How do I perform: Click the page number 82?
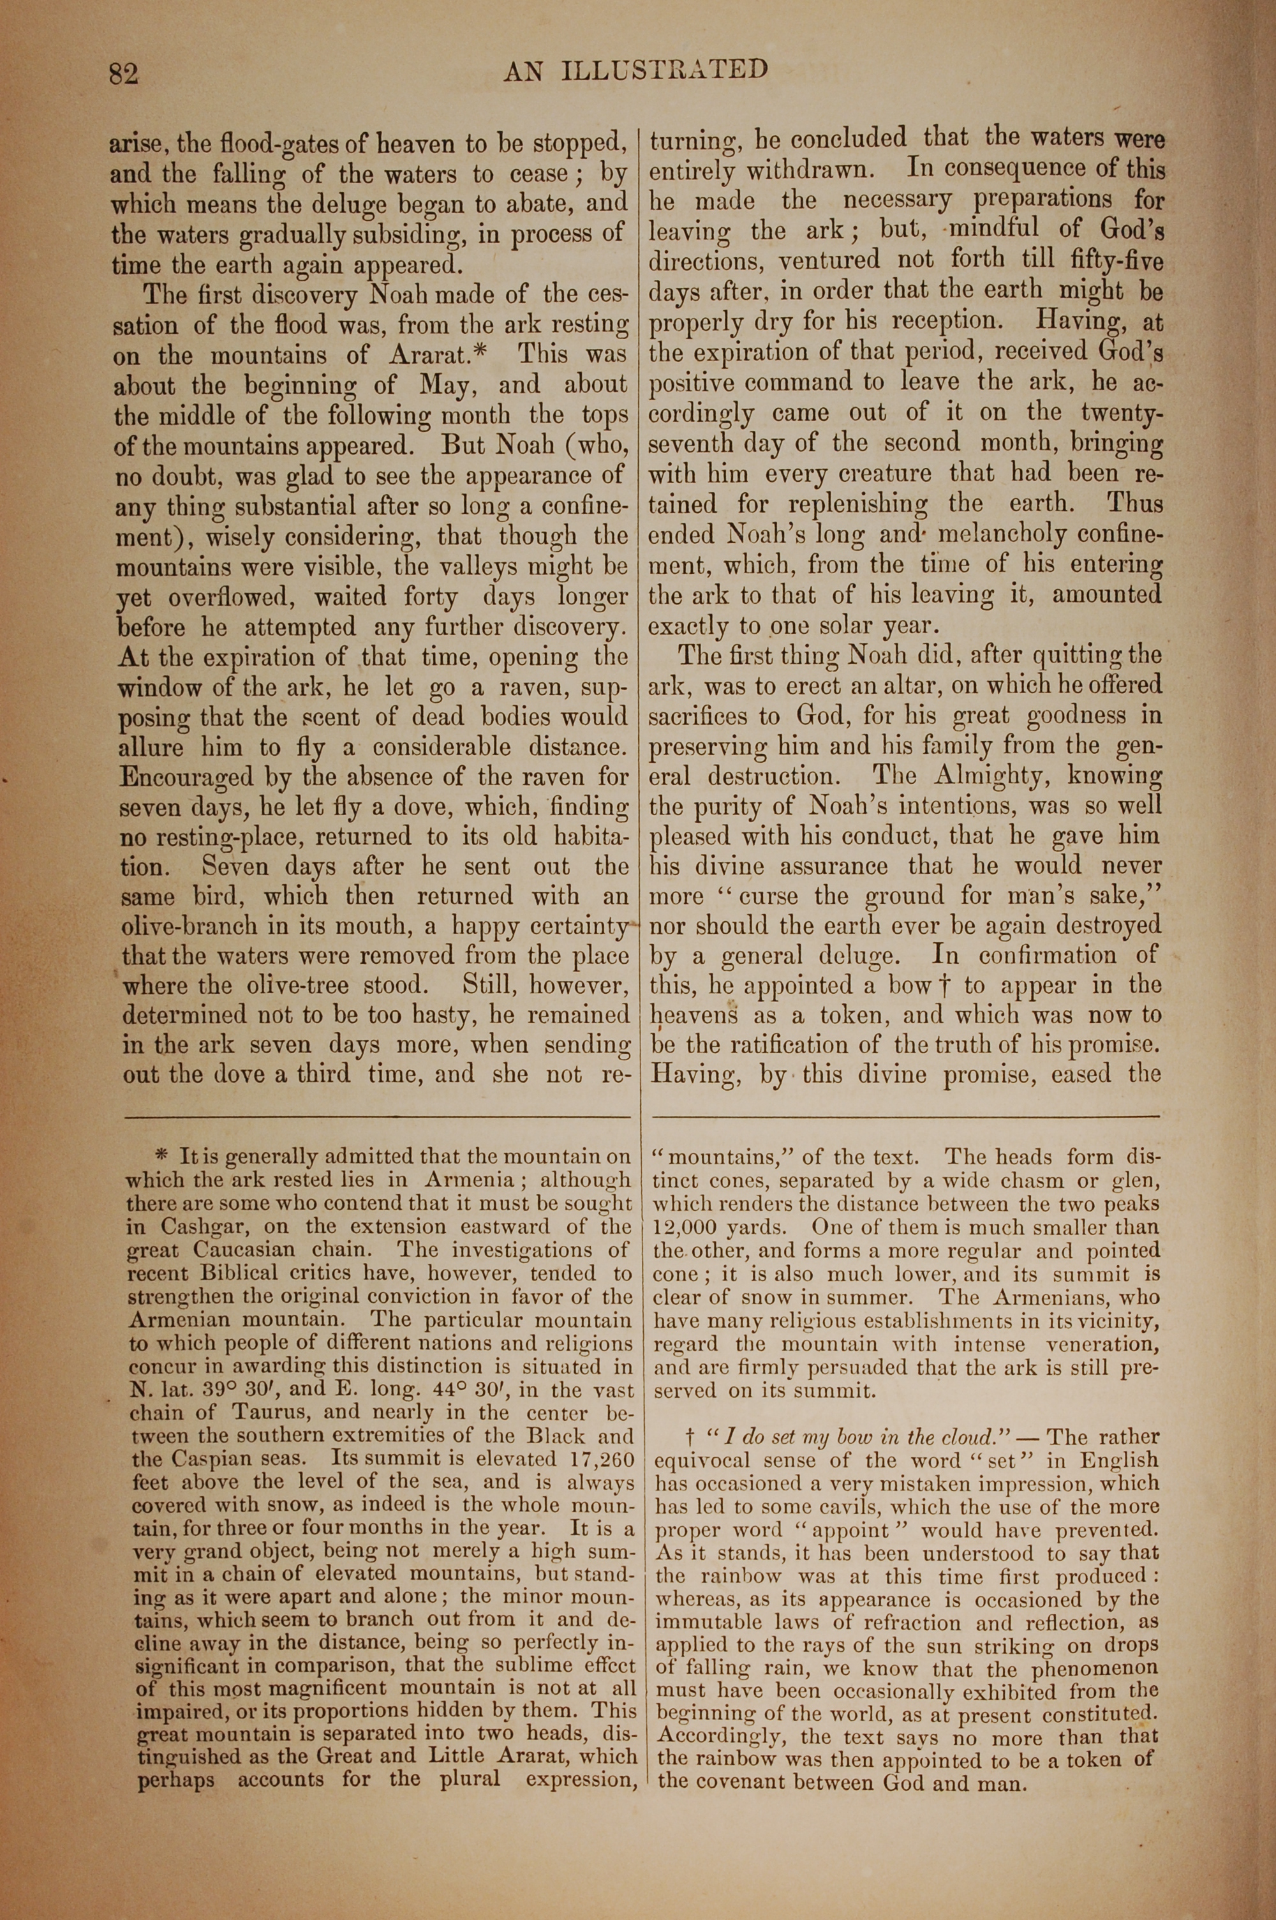pyautogui.click(x=124, y=73)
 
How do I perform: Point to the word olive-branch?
pyautogui.click(x=189, y=926)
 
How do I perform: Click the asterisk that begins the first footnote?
pyautogui.click(x=161, y=1155)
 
